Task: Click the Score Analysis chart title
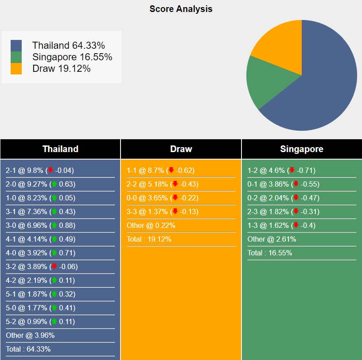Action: pyautogui.click(x=181, y=9)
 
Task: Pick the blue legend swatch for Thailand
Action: pyautogui.click(x=16, y=46)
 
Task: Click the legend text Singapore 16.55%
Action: pyautogui.click(x=72, y=57)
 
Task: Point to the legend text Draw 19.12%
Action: pyautogui.click(x=62, y=69)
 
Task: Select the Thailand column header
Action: pyautogui.click(x=60, y=149)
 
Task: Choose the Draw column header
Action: pyautogui.click(x=181, y=149)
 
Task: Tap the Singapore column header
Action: pyautogui.click(x=302, y=149)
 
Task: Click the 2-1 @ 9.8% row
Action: pyautogui.click(x=40, y=171)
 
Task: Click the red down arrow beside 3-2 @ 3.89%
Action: pyautogui.click(x=54, y=266)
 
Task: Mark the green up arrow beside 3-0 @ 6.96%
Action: pyautogui.click(x=54, y=225)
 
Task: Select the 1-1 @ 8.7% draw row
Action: pyautogui.click(x=160, y=171)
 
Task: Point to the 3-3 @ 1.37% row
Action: pyautogui.click(x=163, y=212)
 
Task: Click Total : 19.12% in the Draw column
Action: pyautogui.click(x=149, y=239)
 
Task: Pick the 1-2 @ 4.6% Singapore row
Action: pyautogui.click(x=281, y=171)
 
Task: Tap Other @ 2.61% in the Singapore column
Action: pyautogui.click(x=272, y=239)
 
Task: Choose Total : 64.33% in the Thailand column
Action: pyautogui.click(x=28, y=349)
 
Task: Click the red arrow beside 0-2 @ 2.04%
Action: pyautogui.click(x=296, y=198)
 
